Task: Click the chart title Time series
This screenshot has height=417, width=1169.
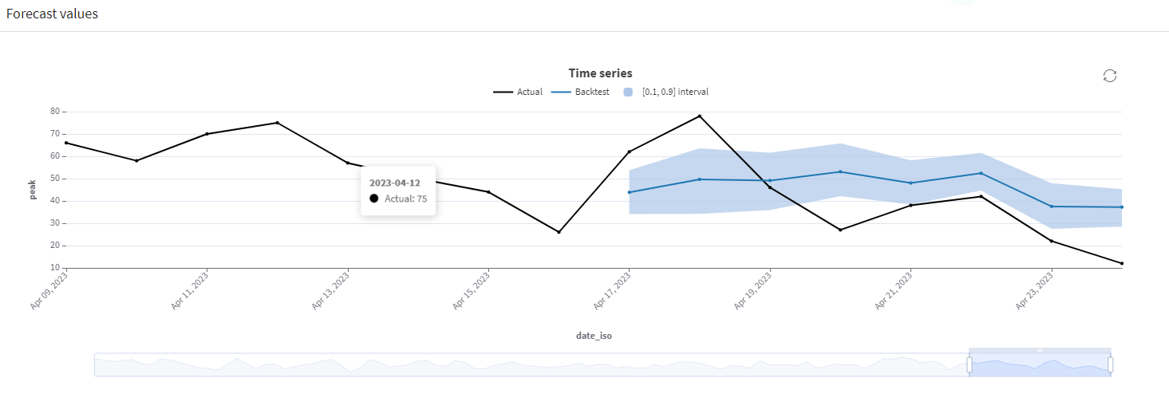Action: (x=600, y=73)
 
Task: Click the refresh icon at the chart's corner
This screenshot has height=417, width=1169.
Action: (x=1109, y=76)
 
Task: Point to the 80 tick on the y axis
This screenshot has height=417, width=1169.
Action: (x=55, y=112)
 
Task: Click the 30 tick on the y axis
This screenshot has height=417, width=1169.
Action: (x=55, y=223)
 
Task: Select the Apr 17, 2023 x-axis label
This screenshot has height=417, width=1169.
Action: (x=611, y=292)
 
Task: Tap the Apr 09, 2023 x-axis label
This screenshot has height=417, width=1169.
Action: (x=49, y=292)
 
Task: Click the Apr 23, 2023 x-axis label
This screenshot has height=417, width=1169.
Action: (x=1034, y=292)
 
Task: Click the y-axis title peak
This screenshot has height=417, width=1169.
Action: (x=33, y=191)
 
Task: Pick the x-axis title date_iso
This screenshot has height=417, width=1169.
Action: (x=594, y=336)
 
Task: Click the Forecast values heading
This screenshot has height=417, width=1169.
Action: (x=52, y=14)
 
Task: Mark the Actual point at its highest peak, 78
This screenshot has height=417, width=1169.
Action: (x=700, y=116)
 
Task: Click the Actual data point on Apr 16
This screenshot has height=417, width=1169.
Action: (x=559, y=232)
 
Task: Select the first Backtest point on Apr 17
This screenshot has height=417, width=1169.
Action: (x=630, y=192)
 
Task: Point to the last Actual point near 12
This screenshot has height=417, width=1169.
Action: (x=1122, y=263)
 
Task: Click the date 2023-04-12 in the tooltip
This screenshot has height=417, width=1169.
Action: (x=394, y=183)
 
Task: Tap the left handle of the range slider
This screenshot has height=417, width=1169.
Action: (x=970, y=364)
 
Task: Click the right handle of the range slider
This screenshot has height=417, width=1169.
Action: (x=1110, y=364)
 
